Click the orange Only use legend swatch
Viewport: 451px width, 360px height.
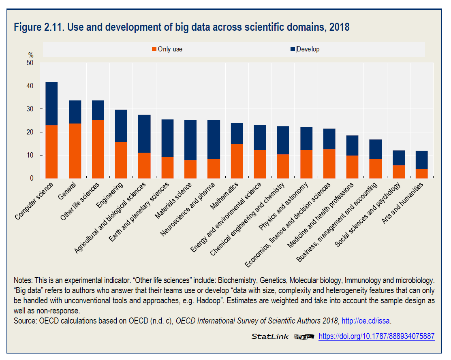click(x=154, y=49)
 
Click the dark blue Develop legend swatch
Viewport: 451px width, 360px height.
click(x=293, y=49)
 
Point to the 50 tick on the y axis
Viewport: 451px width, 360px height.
click(x=30, y=63)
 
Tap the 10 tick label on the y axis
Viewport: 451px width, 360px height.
click(x=30, y=156)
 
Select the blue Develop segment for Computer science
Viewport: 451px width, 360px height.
click(x=51, y=104)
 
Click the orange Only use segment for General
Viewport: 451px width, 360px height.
click(x=75, y=151)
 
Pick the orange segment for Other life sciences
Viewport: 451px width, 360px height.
click(x=98, y=149)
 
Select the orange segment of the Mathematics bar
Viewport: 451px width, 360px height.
click(x=237, y=161)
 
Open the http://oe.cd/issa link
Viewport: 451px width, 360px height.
click(x=366, y=321)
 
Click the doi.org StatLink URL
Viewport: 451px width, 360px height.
click(x=376, y=337)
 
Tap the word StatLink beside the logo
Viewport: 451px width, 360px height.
click(x=270, y=337)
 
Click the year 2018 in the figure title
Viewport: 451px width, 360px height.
click(x=339, y=28)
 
